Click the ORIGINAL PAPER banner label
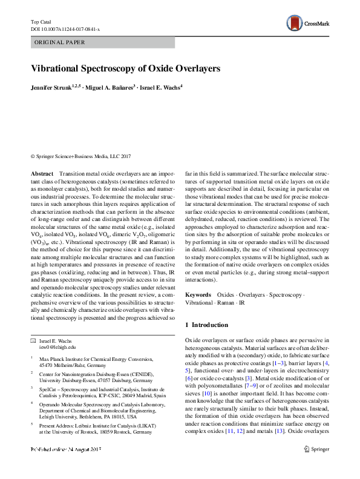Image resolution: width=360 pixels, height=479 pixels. point(59,42)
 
